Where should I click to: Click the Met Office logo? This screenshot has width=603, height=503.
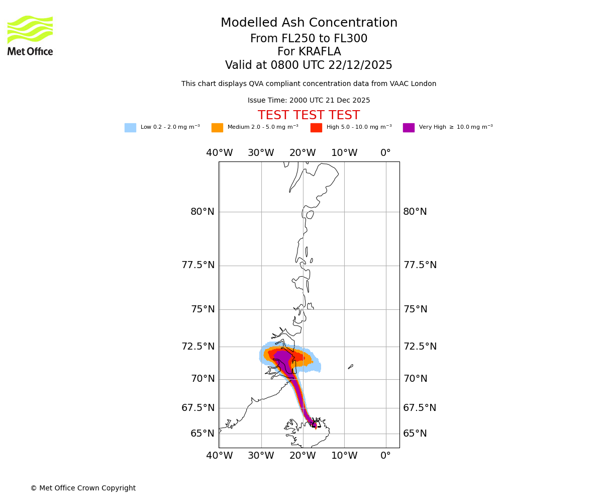30,35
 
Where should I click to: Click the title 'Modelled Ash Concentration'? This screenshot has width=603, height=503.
309,23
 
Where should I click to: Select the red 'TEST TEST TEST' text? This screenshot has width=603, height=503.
309,115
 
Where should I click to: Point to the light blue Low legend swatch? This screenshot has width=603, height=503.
130,128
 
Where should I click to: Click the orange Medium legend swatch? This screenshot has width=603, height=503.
217,128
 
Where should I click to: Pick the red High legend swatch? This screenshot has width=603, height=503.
316,128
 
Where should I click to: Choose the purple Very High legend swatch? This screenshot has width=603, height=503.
409,128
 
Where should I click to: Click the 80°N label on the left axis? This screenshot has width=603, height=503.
203,212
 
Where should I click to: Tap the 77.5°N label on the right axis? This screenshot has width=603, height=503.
420,265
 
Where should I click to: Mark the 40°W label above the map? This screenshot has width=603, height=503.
220,153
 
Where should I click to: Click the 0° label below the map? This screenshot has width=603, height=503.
385,456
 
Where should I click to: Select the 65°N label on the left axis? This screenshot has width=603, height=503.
203,434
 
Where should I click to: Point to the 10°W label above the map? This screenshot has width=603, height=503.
344,153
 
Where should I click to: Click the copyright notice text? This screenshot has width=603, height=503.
83,488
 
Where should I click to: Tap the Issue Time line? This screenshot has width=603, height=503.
309,101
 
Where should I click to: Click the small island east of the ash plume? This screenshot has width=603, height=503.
350,367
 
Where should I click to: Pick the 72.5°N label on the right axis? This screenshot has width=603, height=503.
420,347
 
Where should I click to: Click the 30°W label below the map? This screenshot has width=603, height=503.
261,456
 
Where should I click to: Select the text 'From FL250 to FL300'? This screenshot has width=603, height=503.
309,39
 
